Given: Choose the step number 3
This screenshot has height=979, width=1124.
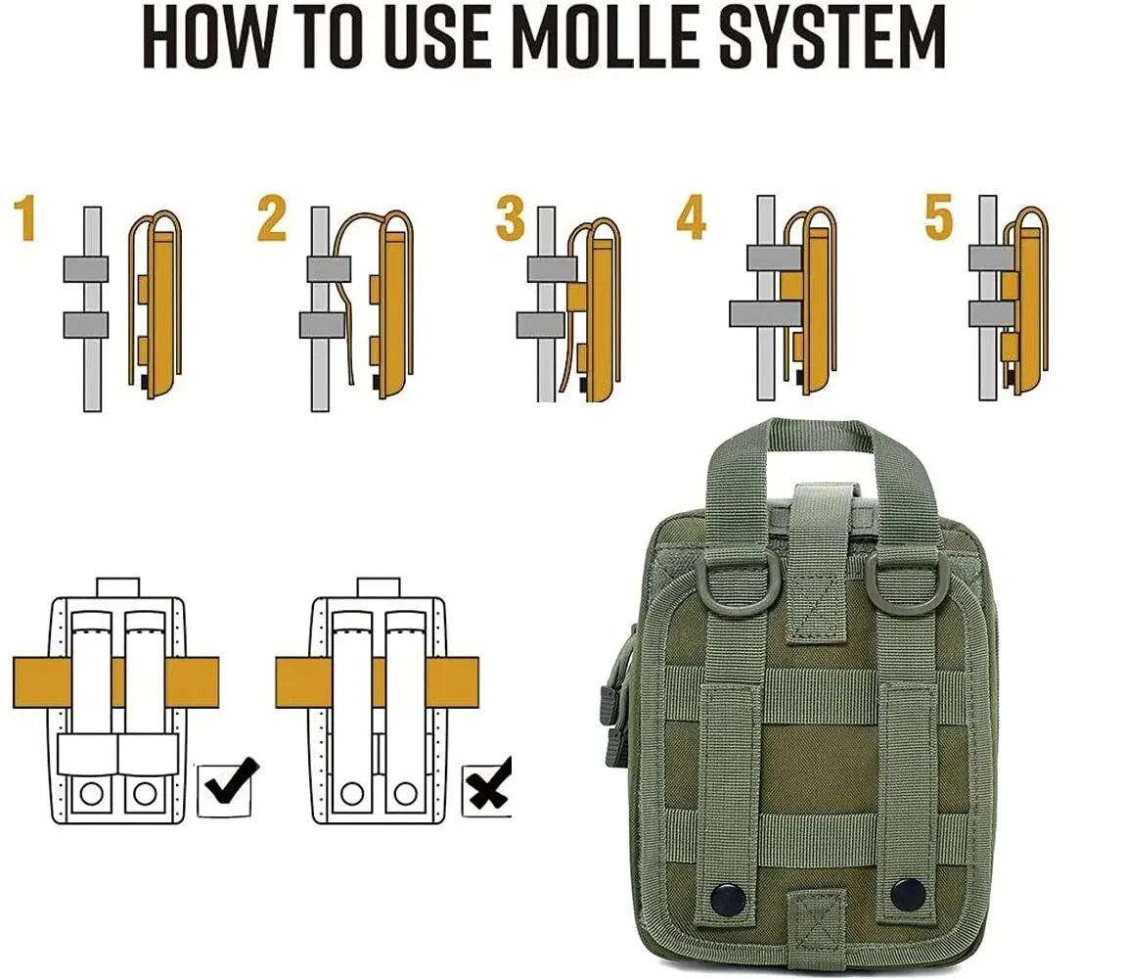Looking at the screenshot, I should pos(510,218).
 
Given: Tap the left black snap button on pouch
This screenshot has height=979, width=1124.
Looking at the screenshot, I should pos(727,898).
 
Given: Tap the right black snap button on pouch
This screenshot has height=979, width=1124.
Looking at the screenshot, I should pos(908,893).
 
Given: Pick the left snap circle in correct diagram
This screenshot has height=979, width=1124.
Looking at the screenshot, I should pos(92,793).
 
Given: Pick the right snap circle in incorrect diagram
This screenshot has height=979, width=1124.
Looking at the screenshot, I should pos(405,793).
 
